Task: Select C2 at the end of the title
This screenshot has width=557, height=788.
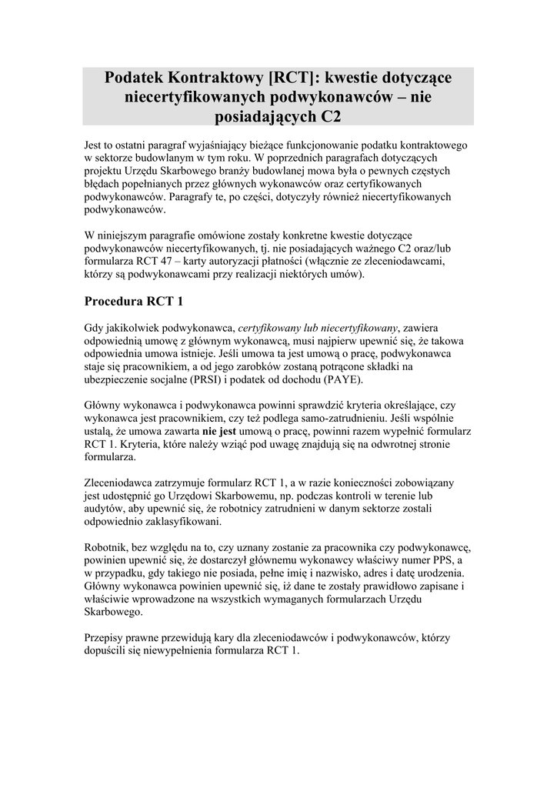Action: click(327, 116)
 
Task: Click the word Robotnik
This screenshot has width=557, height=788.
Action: click(110, 549)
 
